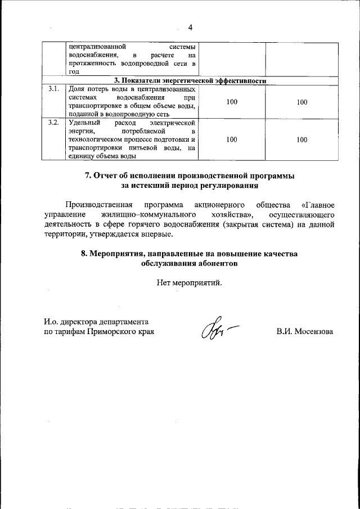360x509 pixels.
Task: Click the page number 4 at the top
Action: click(x=190, y=28)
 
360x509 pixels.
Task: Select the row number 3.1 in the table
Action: click(x=53, y=89)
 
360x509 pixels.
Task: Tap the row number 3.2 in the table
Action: click(x=53, y=123)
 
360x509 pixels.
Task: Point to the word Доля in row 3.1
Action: click(x=75, y=89)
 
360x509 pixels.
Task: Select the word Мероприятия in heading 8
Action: click(x=117, y=254)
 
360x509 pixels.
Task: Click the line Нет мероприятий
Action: click(x=190, y=282)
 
